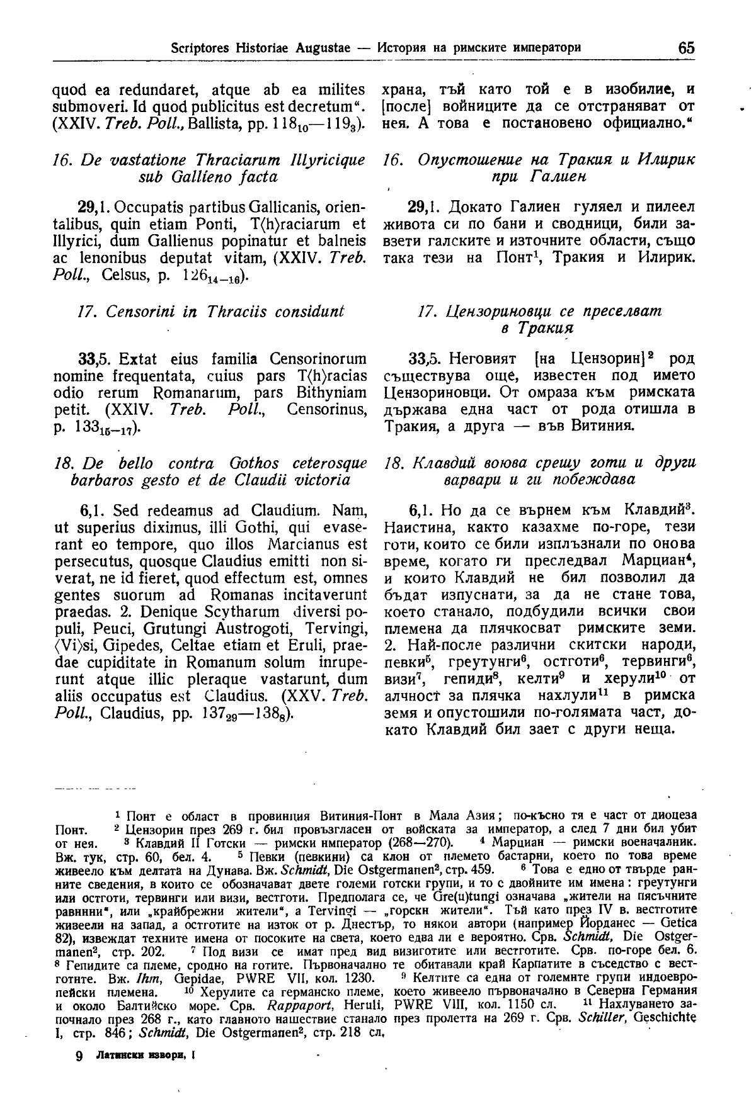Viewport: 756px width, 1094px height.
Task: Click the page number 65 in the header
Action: pyautogui.click(x=686, y=47)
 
